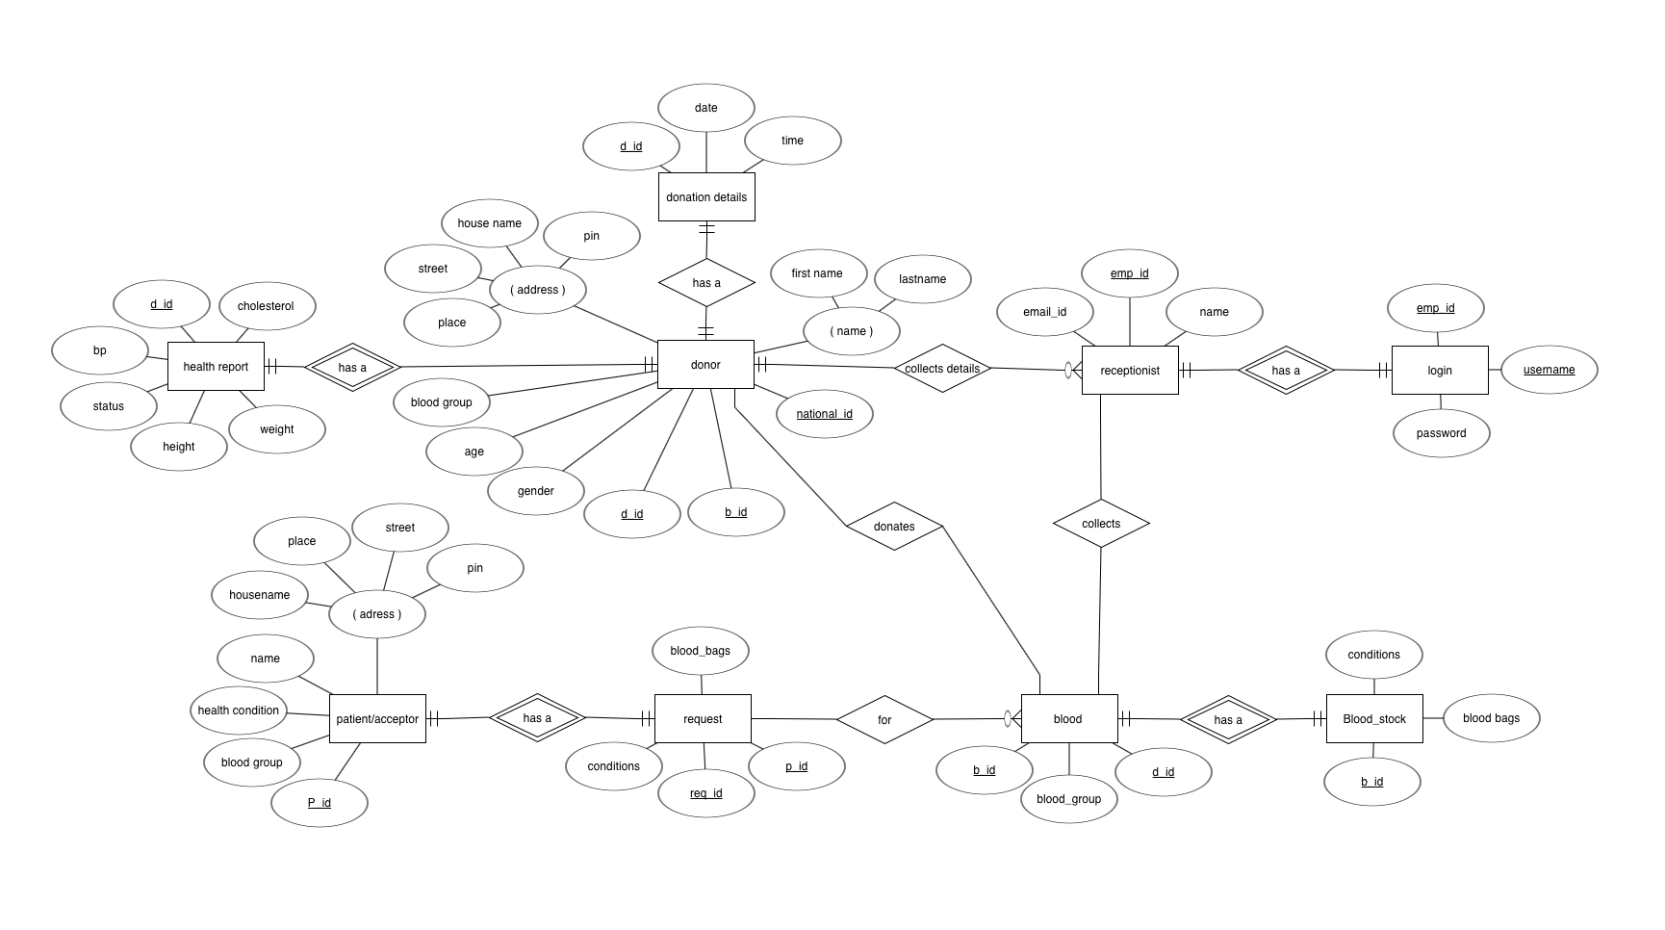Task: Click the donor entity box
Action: click(705, 365)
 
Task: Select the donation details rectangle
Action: click(706, 197)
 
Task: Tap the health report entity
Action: click(216, 367)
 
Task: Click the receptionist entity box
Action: click(1130, 371)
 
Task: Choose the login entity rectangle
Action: click(1440, 371)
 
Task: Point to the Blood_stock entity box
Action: click(1374, 719)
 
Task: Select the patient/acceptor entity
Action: click(377, 719)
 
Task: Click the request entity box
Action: click(703, 719)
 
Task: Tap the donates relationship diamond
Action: click(894, 527)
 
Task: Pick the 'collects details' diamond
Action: click(942, 369)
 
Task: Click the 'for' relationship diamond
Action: click(884, 720)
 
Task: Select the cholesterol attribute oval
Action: click(267, 306)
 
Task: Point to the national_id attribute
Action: click(825, 414)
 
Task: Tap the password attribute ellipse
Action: click(1441, 433)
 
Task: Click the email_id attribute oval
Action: click(1045, 312)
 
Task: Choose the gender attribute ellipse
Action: click(536, 491)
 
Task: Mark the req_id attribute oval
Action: click(706, 793)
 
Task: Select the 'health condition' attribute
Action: click(239, 710)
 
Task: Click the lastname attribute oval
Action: click(923, 279)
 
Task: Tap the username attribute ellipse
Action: click(1550, 370)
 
